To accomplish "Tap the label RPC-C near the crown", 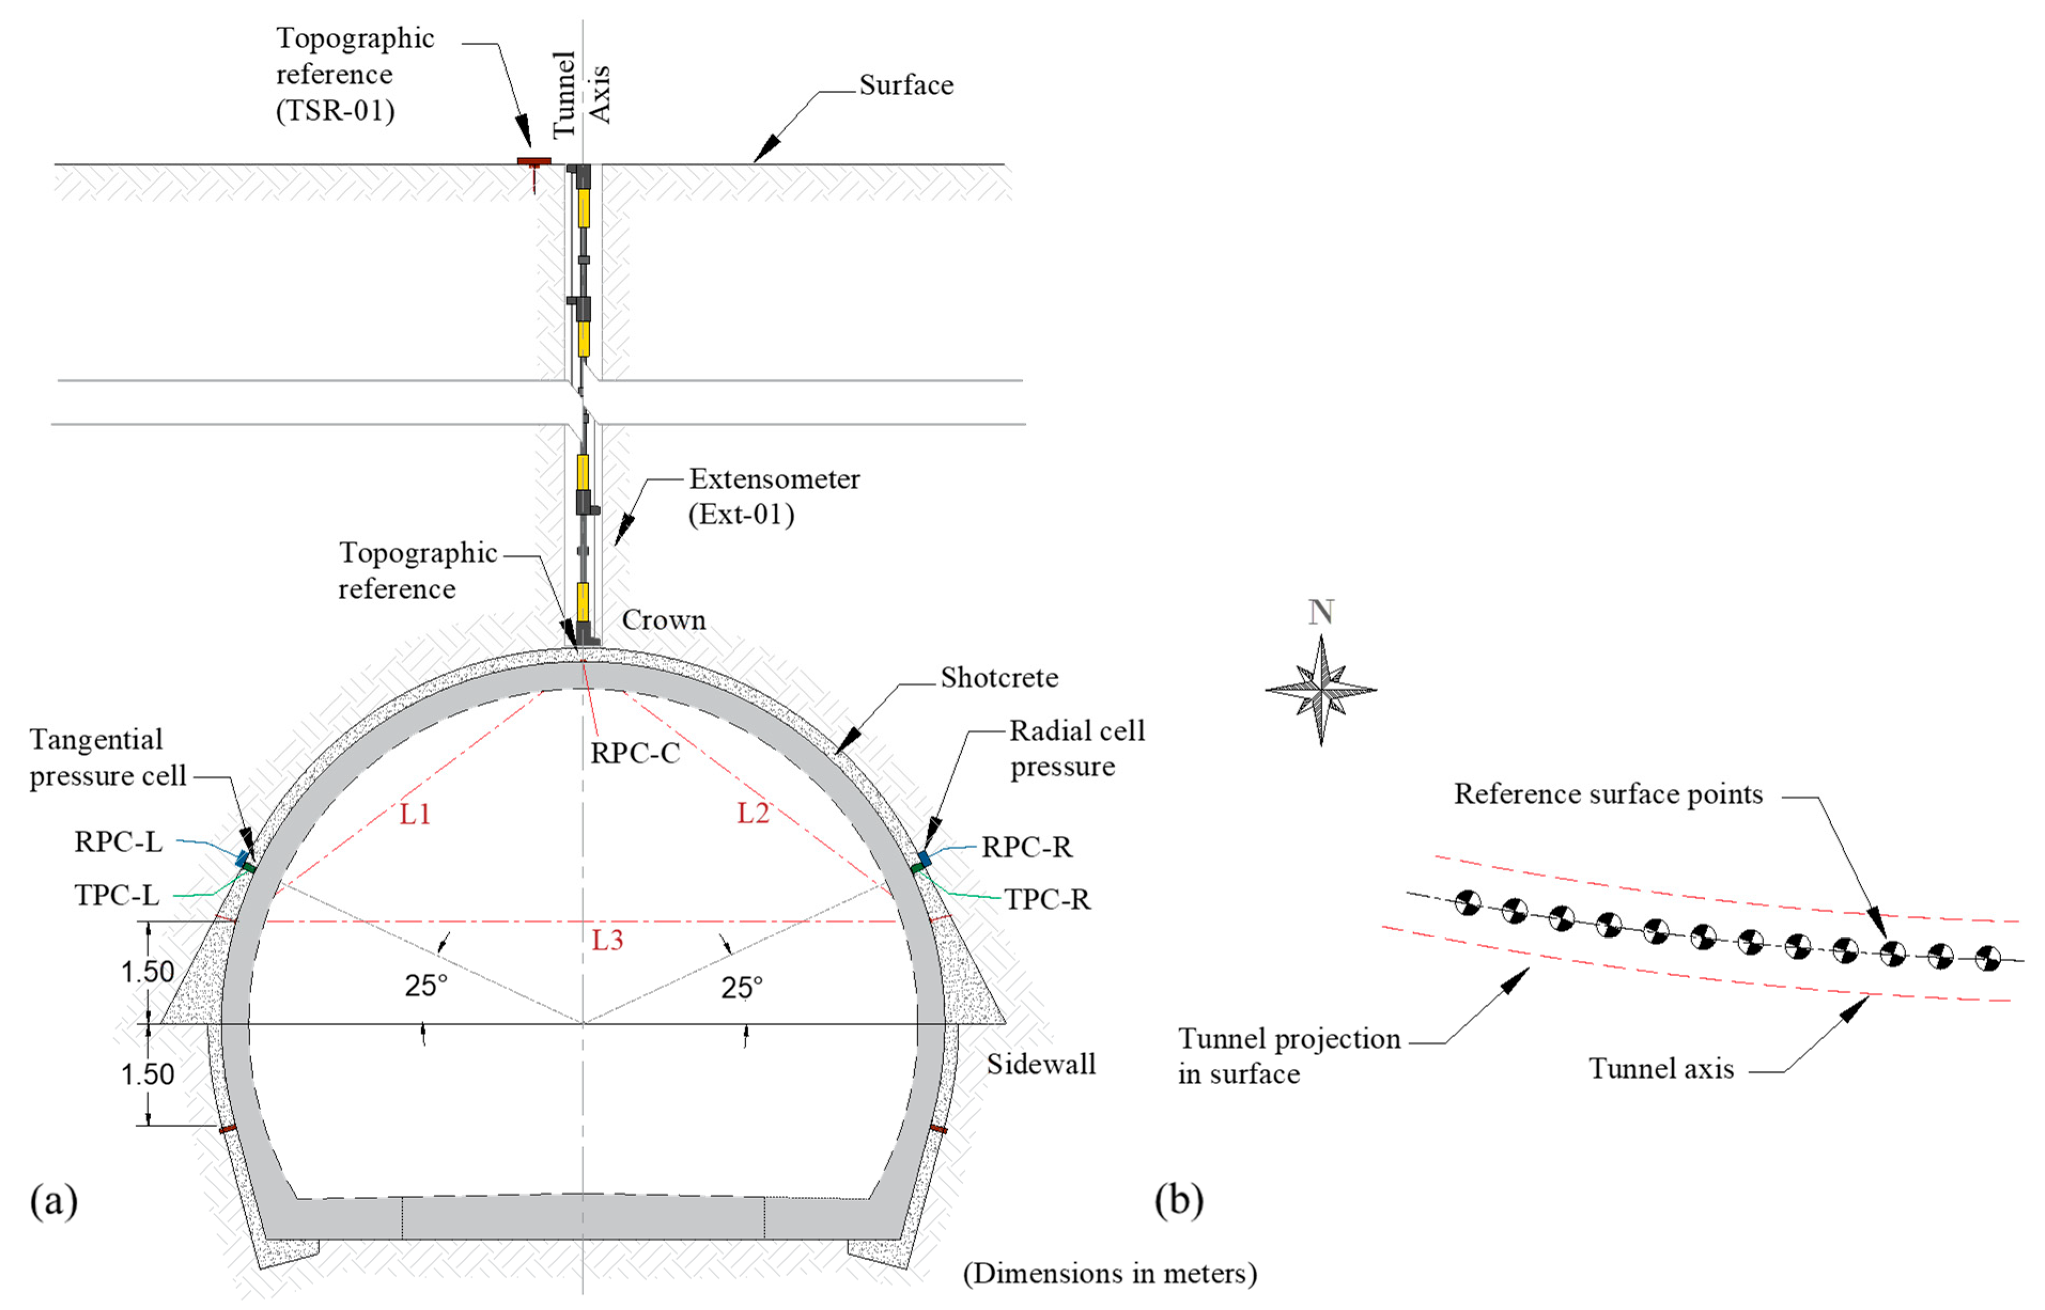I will [635, 754].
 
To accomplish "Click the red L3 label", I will [608, 940].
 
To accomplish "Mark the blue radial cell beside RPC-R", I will [923, 858].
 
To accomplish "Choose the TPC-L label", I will [116, 896].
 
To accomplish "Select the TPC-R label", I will [1047, 899].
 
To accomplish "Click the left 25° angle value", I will [425, 986].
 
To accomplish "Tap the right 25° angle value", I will [741, 987].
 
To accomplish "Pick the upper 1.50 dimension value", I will [147, 971].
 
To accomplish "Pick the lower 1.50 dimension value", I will [147, 1074].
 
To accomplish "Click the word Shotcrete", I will [999, 678].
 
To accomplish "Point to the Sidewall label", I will [1041, 1064].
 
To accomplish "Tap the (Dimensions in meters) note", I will [1110, 1274].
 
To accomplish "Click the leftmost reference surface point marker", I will [1468, 903].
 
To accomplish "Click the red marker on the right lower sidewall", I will [938, 1129].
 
